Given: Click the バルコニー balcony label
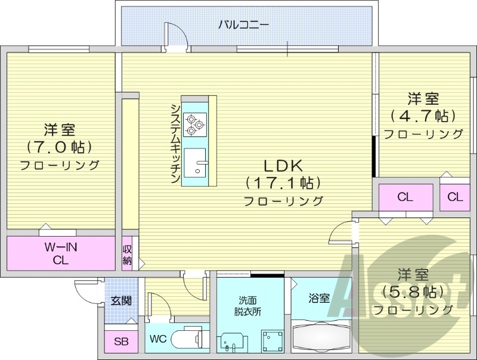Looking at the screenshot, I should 243,24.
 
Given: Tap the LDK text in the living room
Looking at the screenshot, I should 283,165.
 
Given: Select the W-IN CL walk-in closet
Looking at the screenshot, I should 60,253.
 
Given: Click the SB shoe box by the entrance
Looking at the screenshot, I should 121,342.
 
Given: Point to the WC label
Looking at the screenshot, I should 158,339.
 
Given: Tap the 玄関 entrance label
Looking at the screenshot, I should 121,300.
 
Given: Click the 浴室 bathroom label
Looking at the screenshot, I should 320,298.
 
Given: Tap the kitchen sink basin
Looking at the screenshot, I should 194,162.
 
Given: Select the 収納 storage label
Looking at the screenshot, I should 128,254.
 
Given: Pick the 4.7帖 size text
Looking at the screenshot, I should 423,115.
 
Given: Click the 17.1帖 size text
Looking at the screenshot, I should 283,183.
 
